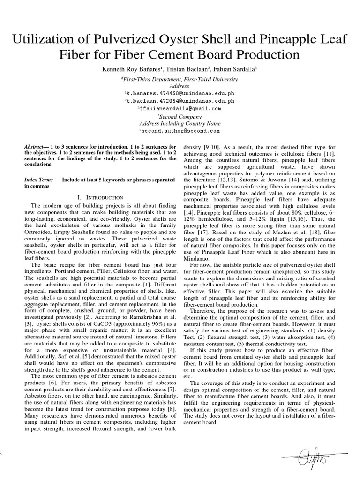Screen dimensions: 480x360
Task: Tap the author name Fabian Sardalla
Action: coord(237,69)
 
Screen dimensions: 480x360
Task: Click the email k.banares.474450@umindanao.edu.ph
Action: coord(180,94)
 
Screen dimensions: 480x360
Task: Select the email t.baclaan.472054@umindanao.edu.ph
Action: coord(180,101)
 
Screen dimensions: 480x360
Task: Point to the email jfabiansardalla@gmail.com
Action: coord(180,108)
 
